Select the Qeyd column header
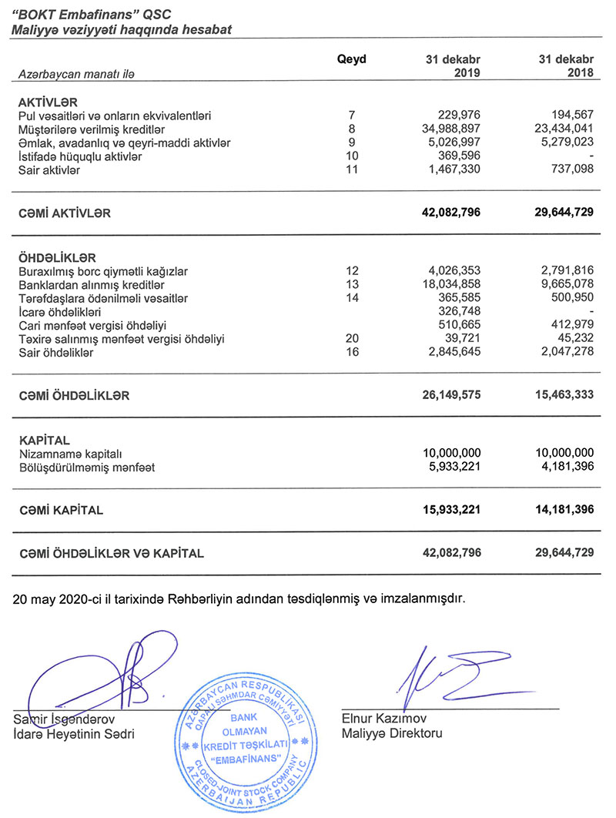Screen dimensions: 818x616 click(352, 59)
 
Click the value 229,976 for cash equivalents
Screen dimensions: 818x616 click(458, 116)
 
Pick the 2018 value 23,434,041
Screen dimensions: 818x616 click(561, 129)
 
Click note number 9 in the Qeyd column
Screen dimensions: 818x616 click(352, 142)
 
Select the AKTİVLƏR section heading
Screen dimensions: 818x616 click(49, 102)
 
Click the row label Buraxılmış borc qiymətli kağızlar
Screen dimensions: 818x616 click(103, 271)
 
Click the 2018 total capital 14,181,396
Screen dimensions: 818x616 click(560, 510)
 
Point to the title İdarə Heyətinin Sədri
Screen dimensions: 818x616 click(74, 734)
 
